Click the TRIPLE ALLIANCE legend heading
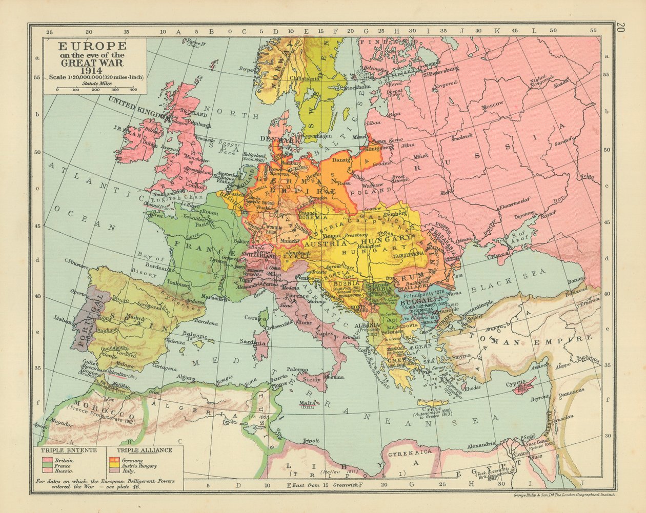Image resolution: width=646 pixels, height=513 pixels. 144,450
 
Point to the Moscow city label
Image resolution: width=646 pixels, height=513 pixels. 493,104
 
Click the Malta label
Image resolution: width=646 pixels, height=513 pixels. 307,403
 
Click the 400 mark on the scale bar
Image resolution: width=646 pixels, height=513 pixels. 134,90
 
